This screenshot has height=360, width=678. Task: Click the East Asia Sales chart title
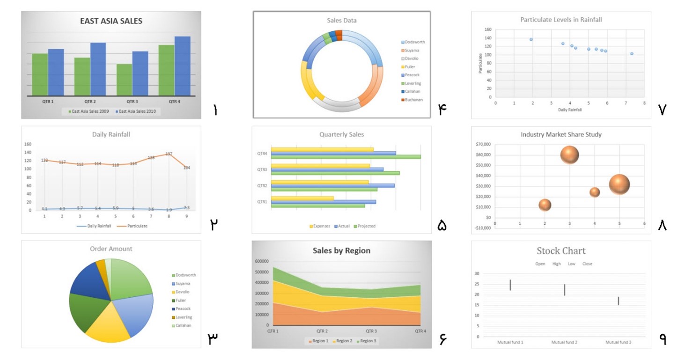point(111,21)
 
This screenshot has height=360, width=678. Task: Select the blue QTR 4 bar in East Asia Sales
point(183,66)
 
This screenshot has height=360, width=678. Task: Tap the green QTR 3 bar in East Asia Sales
point(124,80)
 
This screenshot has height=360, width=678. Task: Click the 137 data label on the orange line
point(169,154)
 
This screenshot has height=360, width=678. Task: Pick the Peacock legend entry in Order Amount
point(183,309)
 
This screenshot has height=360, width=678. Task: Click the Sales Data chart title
point(341,21)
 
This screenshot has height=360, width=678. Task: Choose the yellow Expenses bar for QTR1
point(302,198)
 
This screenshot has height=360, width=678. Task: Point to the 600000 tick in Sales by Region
point(261,261)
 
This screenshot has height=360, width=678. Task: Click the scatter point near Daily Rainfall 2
point(531,39)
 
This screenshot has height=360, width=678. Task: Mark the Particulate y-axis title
point(480,63)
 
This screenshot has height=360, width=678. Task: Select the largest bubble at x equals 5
point(619,184)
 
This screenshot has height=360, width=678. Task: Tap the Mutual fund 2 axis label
point(564,343)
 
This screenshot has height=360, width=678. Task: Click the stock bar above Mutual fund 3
point(619,301)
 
